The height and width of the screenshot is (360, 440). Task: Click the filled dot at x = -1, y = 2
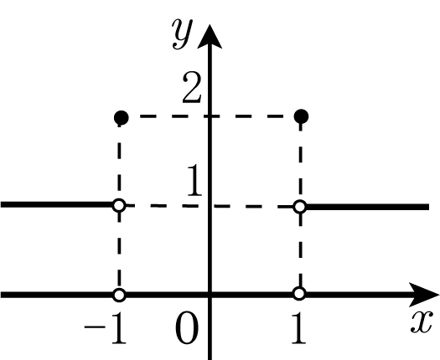tap(122, 117)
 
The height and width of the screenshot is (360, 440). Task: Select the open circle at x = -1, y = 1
tap(119, 205)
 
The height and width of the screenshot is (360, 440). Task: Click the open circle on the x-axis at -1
tap(119, 295)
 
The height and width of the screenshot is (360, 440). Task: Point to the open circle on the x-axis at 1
tap(299, 294)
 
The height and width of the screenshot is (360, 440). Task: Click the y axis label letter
tap(183, 33)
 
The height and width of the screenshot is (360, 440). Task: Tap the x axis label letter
tap(422, 322)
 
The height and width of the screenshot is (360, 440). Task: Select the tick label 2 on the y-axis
tap(192, 87)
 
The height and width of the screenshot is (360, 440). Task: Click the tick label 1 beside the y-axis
tap(194, 180)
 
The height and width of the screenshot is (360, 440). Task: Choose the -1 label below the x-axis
tap(106, 328)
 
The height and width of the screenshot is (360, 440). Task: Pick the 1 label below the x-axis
tap(299, 328)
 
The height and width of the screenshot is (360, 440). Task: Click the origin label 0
tap(187, 328)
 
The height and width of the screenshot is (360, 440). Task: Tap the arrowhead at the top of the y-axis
tap(210, 37)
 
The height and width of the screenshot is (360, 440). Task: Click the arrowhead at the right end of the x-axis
tap(424, 295)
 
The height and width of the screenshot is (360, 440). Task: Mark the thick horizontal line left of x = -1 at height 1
tap(57, 204)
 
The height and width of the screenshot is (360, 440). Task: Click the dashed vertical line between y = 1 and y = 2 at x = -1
tap(119, 162)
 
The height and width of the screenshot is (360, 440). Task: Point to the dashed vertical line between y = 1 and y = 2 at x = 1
tap(301, 162)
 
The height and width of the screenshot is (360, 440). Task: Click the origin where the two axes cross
tap(210, 295)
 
